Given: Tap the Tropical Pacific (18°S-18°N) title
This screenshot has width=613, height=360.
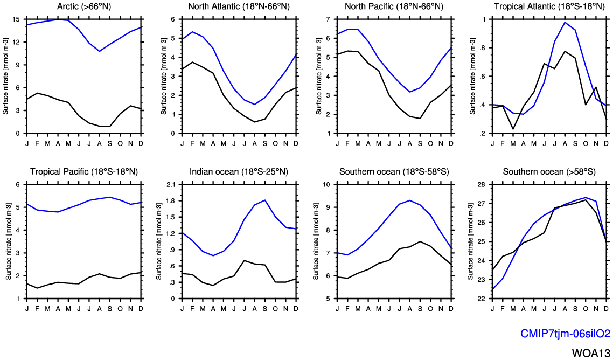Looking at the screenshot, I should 84,172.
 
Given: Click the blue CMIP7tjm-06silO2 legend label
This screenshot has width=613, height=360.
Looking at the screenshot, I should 565,334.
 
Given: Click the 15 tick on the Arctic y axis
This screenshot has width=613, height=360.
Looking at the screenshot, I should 17,19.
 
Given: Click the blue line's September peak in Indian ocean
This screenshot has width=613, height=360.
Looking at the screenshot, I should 265,200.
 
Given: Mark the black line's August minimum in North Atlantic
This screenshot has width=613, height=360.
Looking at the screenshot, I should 254,122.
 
